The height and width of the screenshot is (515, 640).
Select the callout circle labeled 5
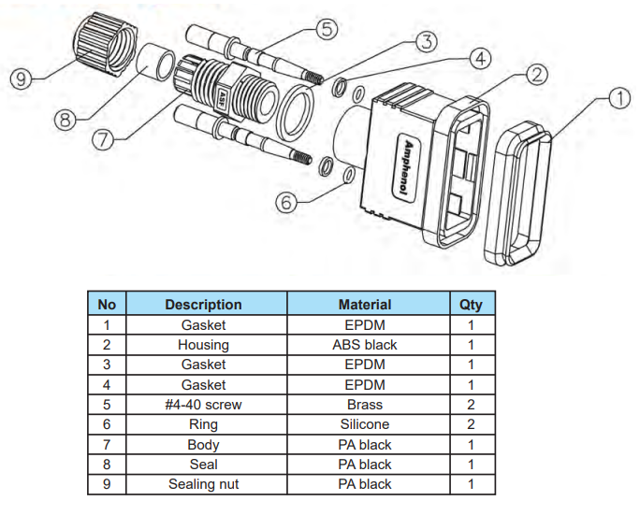(326, 29)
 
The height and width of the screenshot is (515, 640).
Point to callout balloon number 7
(104, 139)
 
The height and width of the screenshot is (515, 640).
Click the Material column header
(365, 305)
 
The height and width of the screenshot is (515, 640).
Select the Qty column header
(472, 305)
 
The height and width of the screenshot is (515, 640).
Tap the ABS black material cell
(365, 345)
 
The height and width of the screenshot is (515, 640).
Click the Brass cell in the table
(365, 405)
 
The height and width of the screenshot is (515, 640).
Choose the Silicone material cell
(365, 424)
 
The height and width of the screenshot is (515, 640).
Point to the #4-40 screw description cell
(203, 405)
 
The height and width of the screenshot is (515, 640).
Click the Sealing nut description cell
(203, 484)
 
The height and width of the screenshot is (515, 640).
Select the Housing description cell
(203, 345)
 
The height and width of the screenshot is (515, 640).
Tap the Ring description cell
(203, 424)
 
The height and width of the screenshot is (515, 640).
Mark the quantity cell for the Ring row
(472, 424)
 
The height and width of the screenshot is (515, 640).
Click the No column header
(108, 305)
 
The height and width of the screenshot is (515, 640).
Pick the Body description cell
(203, 445)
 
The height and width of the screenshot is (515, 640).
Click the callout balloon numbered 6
(289, 202)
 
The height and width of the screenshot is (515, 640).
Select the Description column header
(203, 305)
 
